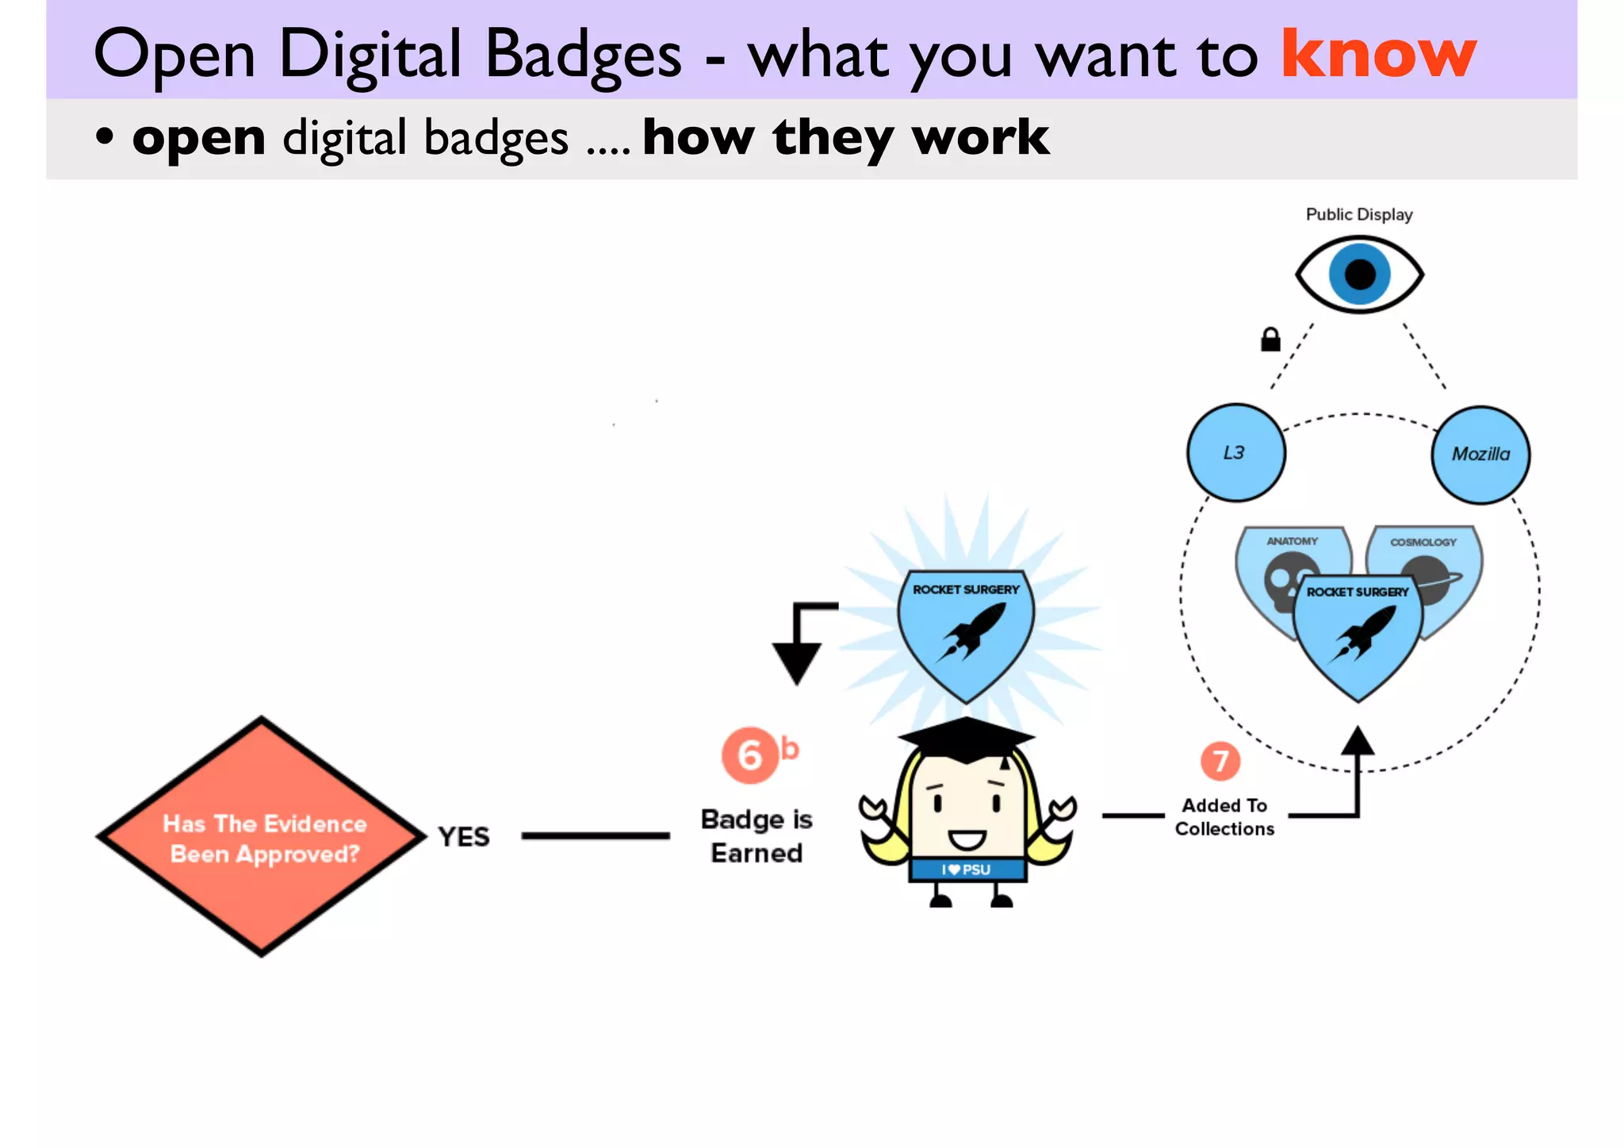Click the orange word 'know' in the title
[x=1378, y=54]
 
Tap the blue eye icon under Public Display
[x=1359, y=275]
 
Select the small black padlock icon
[x=1270, y=340]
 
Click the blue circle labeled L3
[x=1235, y=453]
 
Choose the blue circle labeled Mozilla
[x=1480, y=455]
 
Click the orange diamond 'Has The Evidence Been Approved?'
[x=262, y=838]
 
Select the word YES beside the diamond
[x=464, y=837]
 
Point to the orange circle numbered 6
[x=749, y=755]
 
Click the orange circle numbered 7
[x=1220, y=761]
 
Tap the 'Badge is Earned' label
[x=756, y=836]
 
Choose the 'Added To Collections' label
[x=1224, y=817]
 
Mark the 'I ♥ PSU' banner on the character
[x=967, y=870]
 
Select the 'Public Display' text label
[x=1358, y=214]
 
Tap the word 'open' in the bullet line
[x=198, y=138]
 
